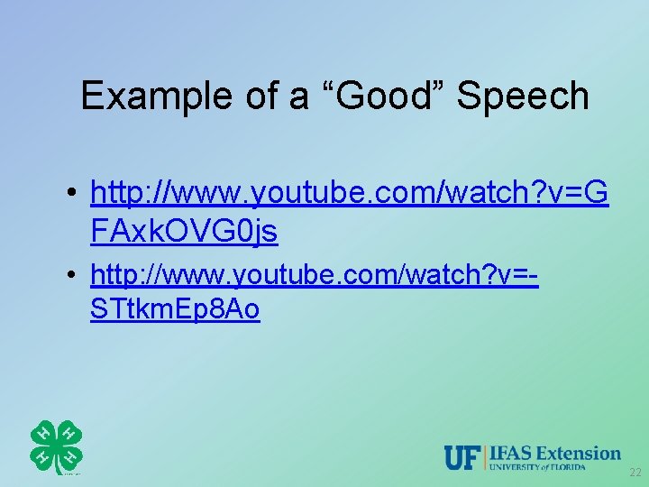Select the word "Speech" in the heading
(523, 96)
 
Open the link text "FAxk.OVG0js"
(184, 232)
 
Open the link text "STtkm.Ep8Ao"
(175, 309)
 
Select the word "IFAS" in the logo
(511, 453)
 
